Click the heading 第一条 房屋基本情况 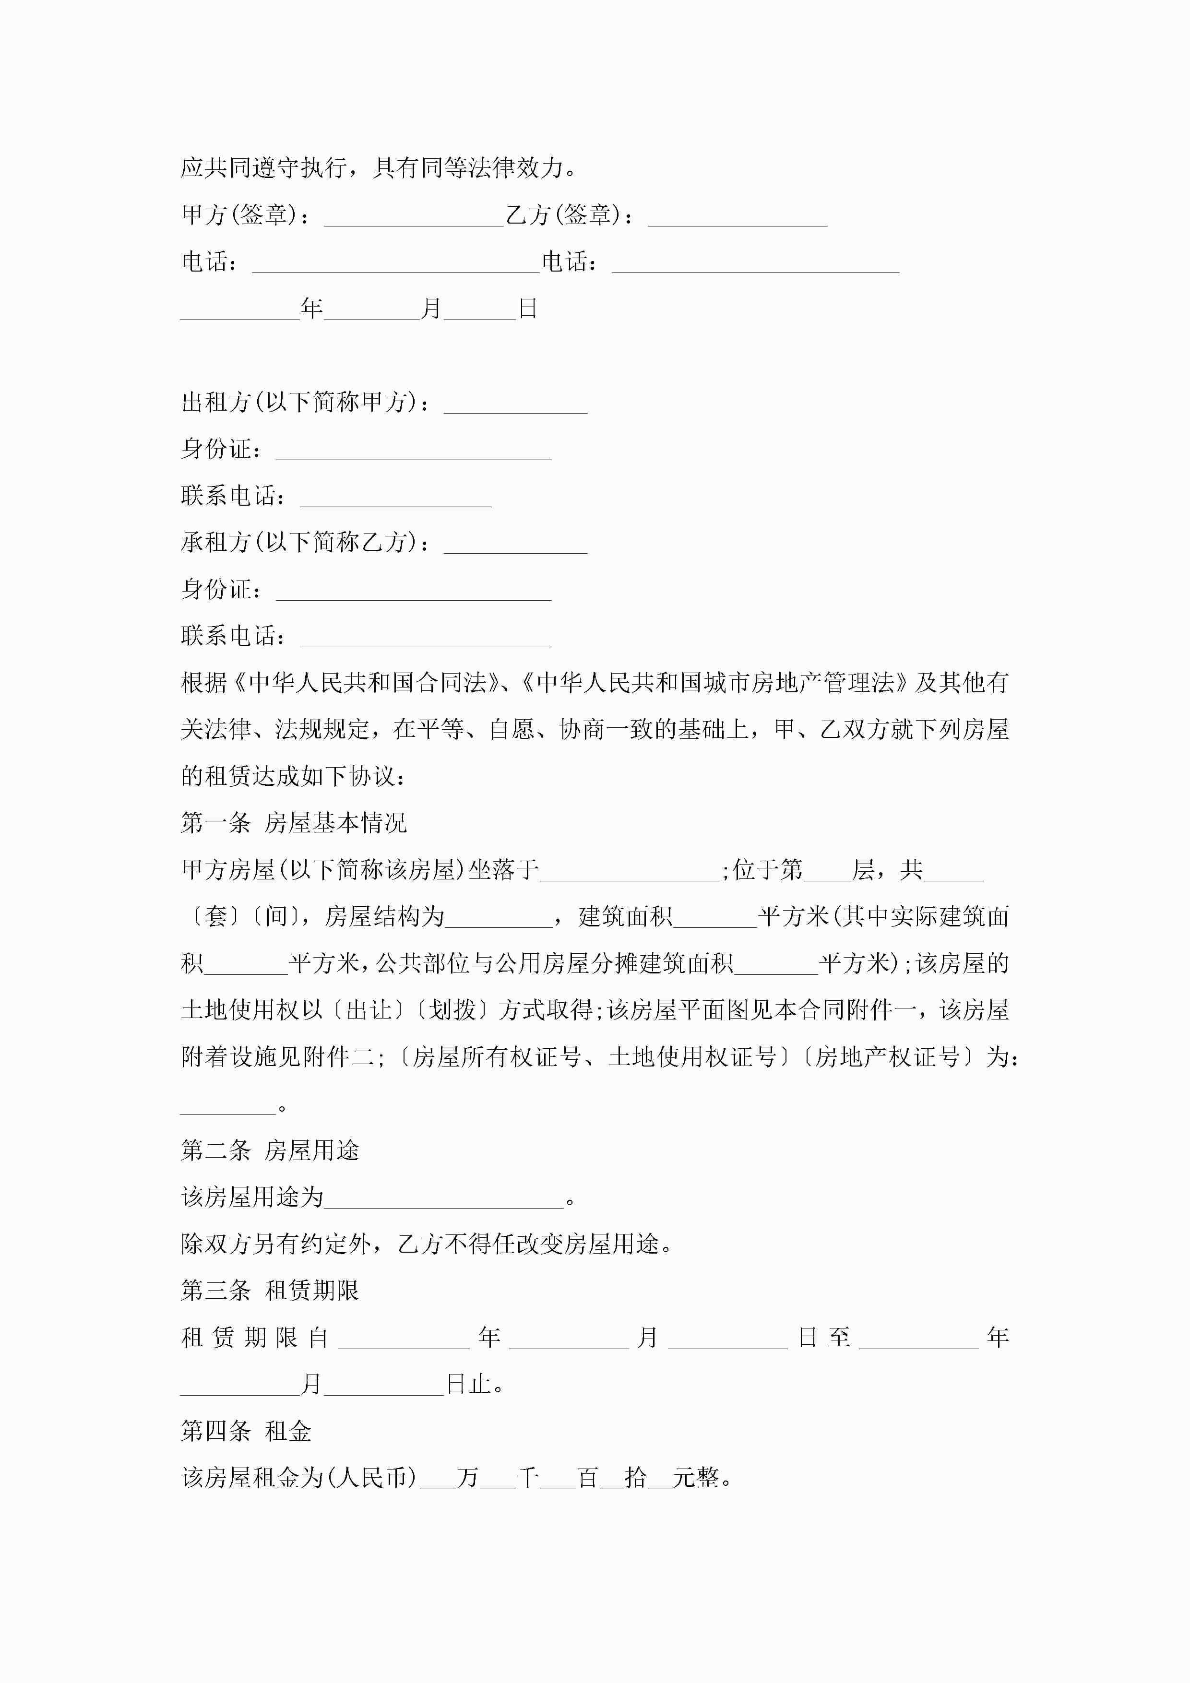pyautogui.click(x=293, y=823)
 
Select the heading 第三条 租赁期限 pyautogui.click(x=270, y=1290)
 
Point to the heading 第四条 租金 pyautogui.click(x=246, y=1431)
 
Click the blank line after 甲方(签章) pyautogui.click(x=414, y=217)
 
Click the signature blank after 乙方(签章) pyautogui.click(x=738, y=217)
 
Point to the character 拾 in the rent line pyautogui.click(x=635, y=1477)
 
